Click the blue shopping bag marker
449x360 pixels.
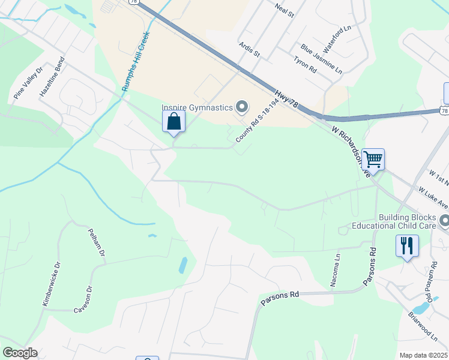(x=173, y=122)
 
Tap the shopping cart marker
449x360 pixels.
(x=373, y=160)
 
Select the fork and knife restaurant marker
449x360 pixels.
(x=407, y=245)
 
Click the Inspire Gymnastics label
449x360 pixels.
(x=197, y=107)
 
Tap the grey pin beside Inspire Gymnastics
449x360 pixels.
(x=242, y=107)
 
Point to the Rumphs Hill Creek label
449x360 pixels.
(x=135, y=61)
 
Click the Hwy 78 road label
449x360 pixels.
(x=288, y=98)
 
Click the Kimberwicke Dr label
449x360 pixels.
(x=52, y=284)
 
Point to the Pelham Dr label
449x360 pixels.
(x=97, y=242)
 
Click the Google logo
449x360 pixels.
(x=20, y=353)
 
